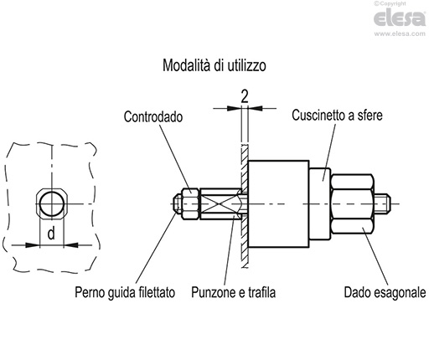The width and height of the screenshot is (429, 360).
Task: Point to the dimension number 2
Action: pos(243,95)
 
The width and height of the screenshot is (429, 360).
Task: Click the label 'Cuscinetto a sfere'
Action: pos(339,113)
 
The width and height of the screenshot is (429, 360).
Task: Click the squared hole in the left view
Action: pos(52,203)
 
